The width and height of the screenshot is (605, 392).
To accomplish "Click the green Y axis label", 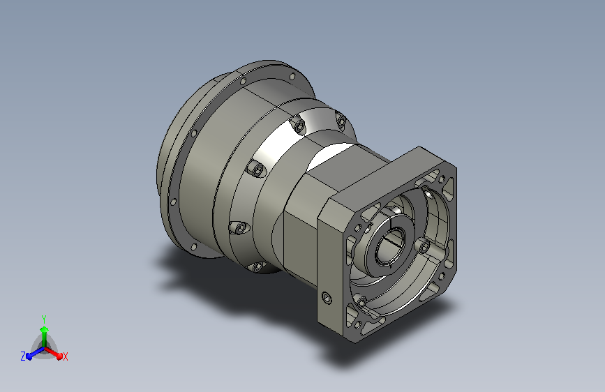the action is pos(44,319).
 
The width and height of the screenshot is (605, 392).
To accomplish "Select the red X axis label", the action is pos(65,357).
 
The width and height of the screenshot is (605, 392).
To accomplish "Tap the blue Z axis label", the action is pos(23,356).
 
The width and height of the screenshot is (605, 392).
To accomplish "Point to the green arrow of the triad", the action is pos(45,337).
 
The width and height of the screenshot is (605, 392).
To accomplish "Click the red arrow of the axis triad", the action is pos(53,353).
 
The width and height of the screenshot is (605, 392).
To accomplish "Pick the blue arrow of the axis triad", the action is pos(35,353).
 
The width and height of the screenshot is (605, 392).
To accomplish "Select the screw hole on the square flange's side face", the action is pos(327,298).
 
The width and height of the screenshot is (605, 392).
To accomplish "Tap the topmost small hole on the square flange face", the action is pos(442,179).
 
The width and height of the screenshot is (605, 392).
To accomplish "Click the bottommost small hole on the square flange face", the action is pos(359,324).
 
